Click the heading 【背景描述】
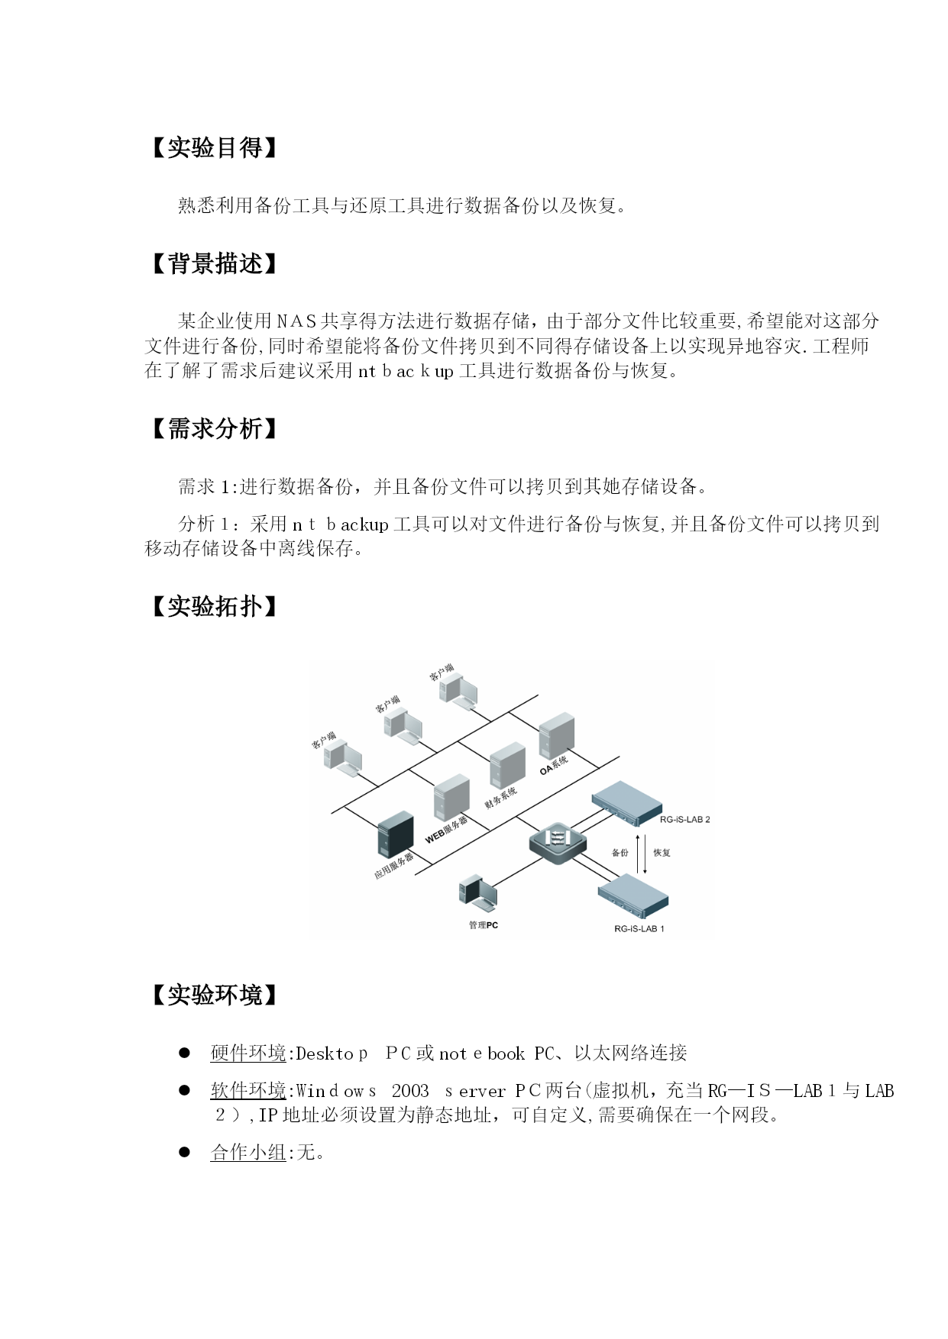tap(213, 264)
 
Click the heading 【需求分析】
tap(213, 428)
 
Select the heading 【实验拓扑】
tap(213, 606)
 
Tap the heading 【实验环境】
tap(213, 995)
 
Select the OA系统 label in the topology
tap(554, 764)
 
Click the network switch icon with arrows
tap(558, 844)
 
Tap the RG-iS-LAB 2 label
tap(685, 820)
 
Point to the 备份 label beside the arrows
tap(620, 853)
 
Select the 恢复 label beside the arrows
tap(662, 853)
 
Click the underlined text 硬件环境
tap(248, 1053)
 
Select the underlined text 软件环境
tap(248, 1091)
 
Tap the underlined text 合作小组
tap(248, 1153)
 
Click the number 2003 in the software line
tap(410, 1092)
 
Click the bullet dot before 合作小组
tap(184, 1152)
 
